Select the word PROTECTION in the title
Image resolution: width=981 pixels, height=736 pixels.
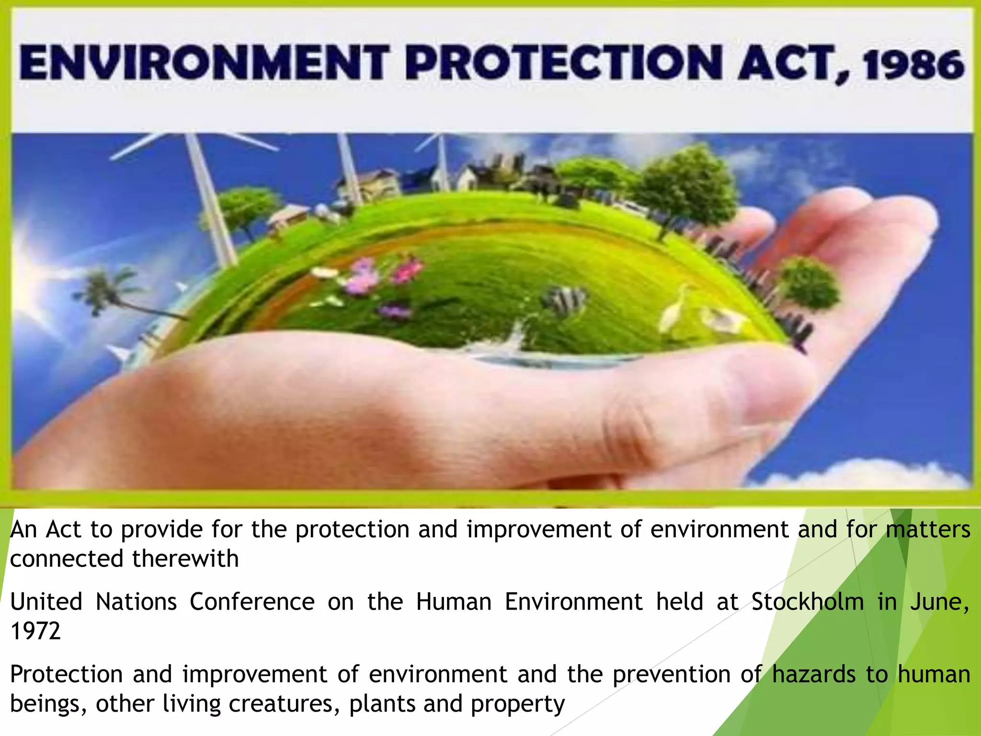564,63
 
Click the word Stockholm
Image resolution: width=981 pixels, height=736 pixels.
808,602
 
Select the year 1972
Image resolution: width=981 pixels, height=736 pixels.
35,631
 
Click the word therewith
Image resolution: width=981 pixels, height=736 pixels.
185,559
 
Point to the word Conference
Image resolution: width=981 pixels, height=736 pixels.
252,602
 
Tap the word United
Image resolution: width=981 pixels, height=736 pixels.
46,602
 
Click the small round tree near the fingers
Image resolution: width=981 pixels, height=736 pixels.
810,283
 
